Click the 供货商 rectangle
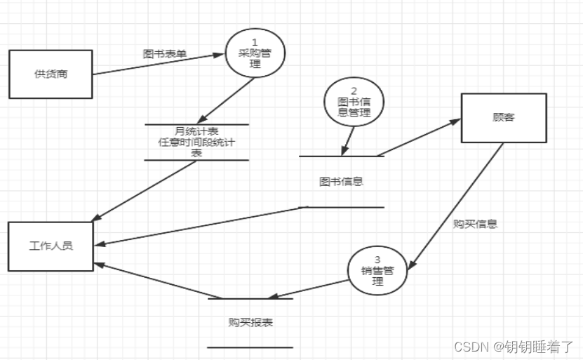pos(51,74)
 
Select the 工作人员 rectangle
pos(51,246)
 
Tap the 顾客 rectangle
pos(503,117)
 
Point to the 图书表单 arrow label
pos(165,53)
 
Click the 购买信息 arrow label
pos(475,225)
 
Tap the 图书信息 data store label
pos(341,182)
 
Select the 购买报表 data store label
pos(250,323)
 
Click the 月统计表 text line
pos(197,131)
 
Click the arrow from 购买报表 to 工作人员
pos(151,279)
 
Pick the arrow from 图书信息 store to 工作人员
pos(203,225)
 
